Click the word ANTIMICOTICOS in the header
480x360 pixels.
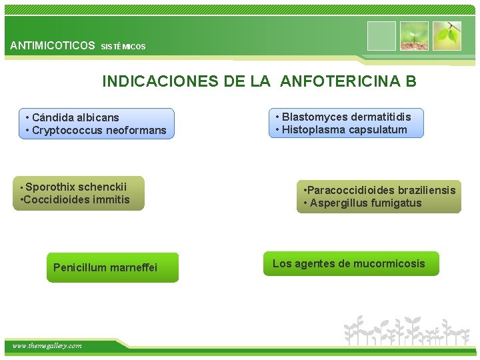[x=53, y=46]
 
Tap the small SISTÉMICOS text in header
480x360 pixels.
[x=123, y=47]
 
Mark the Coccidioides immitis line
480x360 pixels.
[x=76, y=199]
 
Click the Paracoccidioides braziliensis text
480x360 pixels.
[x=379, y=191]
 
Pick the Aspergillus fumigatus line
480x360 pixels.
[x=366, y=203]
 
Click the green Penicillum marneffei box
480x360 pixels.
[x=112, y=267]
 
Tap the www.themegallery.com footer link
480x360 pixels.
[x=47, y=345]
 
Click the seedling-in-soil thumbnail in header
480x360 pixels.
[x=414, y=36]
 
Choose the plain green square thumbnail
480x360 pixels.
[x=381, y=36]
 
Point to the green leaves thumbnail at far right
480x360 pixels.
[x=447, y=36]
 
